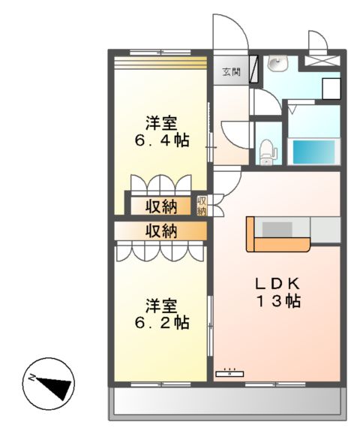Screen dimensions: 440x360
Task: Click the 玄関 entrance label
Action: (229, 72)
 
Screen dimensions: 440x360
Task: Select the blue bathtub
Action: (313, 152)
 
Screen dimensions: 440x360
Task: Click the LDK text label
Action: (277, 284)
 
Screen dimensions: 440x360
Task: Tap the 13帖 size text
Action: (277, 302)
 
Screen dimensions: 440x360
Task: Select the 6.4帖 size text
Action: (160, 140)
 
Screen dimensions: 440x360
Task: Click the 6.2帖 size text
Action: (160, 324)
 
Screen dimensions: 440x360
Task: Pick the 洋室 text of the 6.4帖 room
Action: (160, 121)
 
